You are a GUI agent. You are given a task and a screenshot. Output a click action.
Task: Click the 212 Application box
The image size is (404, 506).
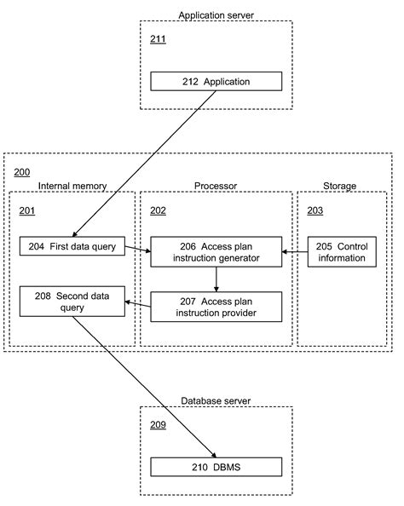(x=216, y=82)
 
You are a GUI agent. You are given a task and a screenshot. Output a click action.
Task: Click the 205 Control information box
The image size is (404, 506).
(x=341, y=252)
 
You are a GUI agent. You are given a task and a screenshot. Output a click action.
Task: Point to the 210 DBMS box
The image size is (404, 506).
(x=216, y=466)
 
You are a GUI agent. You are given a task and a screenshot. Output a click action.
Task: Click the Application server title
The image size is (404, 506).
(x=216, y=14)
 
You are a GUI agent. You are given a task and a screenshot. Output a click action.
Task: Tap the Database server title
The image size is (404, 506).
(x=216, y=400)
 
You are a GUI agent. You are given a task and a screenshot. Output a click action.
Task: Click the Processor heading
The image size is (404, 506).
(x=216, y=185)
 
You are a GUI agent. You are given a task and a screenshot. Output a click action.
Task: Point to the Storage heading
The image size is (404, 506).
(x=339, y=185)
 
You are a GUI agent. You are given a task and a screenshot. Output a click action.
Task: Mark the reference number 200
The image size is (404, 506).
(x=21, y=172)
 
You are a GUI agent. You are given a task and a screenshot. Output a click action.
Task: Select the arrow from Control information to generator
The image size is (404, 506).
(x=295, y=252)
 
